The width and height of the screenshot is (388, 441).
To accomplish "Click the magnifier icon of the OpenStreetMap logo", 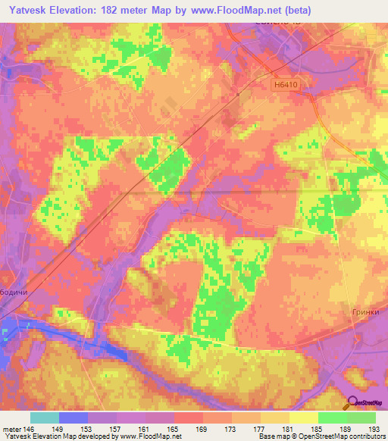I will pyautogui.click(x=352, y=404).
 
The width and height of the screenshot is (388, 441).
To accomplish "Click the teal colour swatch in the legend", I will pyautogui.click(x=45, y=418).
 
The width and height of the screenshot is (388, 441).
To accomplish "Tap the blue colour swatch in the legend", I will pyautogui.click(x=74, y=418).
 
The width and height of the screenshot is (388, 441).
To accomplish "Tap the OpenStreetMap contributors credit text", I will pyautogui.click(x=343, y=436).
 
